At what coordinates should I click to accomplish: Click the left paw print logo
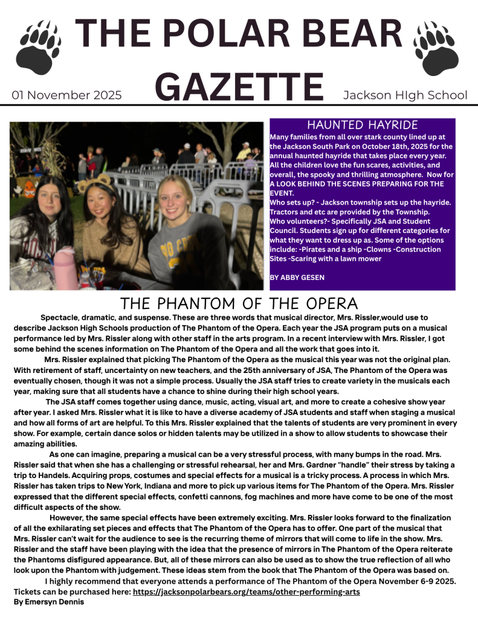pyautogui.click(x=39, y=47)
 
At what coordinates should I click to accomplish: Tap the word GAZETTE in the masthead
pyautogui.click(x=241, y=86)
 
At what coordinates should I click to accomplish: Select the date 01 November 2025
pyautogui.click(x=66, y=95)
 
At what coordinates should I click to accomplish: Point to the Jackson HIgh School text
pyautogui.click(x=405, y=95)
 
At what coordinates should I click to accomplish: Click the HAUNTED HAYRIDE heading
pyautogui.click(x=363, y=125)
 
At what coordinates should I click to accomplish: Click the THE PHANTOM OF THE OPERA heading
pyautogui.click(x=239, y=303)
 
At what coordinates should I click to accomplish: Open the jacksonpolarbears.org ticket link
pyautogui.click(x=246, y=591)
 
